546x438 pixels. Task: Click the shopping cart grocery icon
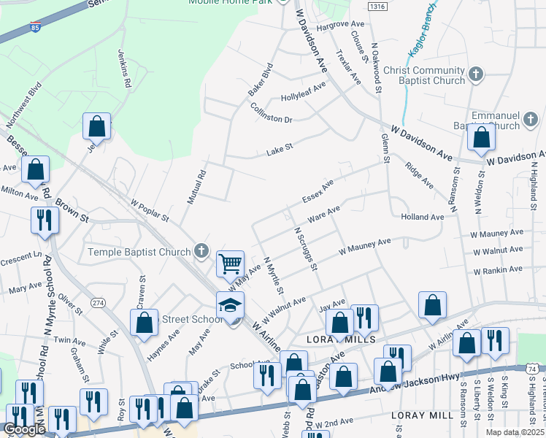[x=231, y=263]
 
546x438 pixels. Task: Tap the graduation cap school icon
[x=231, y=305]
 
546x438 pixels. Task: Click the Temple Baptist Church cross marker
[x=201, y=253]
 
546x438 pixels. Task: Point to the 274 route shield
[x=98, y=302]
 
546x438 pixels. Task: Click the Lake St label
[x=280, y=147]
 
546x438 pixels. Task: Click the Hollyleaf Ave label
[x=303, y=95]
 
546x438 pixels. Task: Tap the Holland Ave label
[x=422, y=217]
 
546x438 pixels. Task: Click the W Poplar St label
[x=150, y=210]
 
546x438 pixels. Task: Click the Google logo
[x=23, y=429]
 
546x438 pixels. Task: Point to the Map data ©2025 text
[x=516, y=432]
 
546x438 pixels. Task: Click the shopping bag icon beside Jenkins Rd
[x=96, y=127]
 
